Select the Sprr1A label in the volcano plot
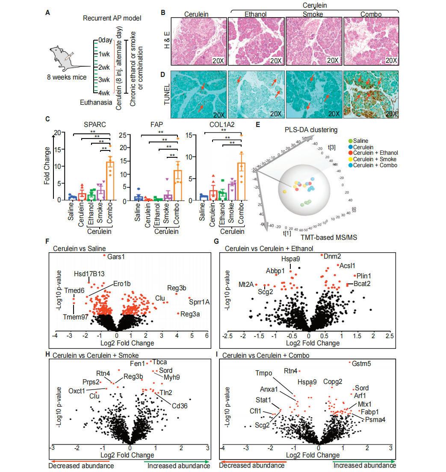point(199,302)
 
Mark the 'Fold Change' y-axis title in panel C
point(47,166)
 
